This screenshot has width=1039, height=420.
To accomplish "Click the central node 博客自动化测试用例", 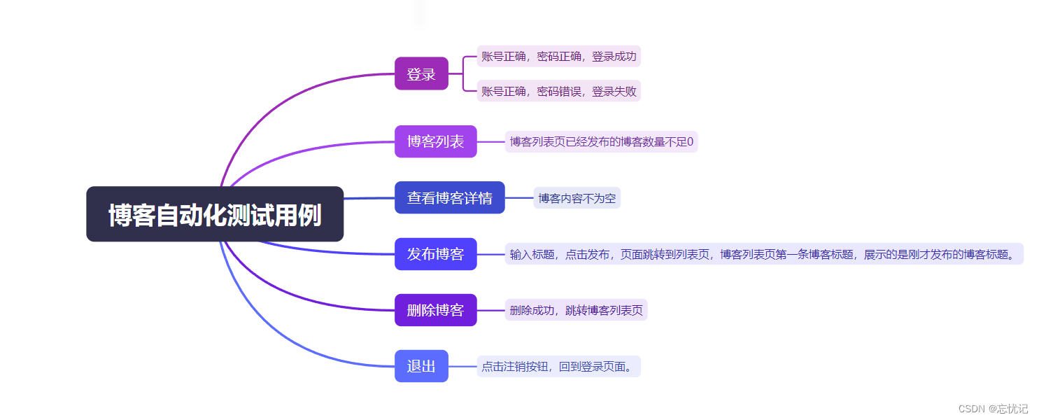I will click(x=215, y=214).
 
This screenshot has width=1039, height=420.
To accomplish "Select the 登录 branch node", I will click(x=421, y=73).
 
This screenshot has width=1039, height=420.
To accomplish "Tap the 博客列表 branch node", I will click(x=435, y=141).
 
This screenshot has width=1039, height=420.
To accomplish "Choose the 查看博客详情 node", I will click(x=449, y=197).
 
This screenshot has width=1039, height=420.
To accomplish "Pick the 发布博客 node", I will click(x=435, y=253).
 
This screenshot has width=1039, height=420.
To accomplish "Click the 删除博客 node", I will click(x=435, y=310).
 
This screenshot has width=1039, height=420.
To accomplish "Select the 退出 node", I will click(x=421, y=366).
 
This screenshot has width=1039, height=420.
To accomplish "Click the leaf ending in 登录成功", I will click(x=558, y=57).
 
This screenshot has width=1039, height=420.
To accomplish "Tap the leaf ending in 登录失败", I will click(x=558, y=91).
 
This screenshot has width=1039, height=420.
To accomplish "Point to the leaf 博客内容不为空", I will click(x=577, y=198).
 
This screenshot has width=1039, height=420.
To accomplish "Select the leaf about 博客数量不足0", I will click(x=601, y=142).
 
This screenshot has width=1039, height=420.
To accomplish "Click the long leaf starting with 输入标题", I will click(x=763, y=254).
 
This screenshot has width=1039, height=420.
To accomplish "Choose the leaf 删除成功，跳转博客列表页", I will click(x=576, y=310).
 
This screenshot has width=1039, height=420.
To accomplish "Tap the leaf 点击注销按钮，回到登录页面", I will click(x=559, y=366).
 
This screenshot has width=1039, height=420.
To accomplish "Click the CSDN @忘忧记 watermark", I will click(x=993, y=409).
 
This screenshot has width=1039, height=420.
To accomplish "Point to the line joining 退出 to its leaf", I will click(x=462, y=366).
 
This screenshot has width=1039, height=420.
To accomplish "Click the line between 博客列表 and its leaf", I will click(x=490, y=141).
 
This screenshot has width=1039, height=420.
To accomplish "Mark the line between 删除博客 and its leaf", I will click(x=490, y=310).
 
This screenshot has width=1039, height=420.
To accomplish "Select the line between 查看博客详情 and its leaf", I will click(x=519, y=198).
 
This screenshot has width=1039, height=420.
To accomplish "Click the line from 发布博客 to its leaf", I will click(x=490, y=254).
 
